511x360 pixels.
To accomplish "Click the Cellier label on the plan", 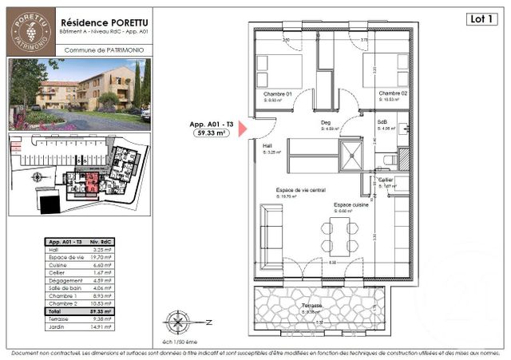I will (x=386, y=180).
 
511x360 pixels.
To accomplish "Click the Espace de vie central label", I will (x=300, y=190).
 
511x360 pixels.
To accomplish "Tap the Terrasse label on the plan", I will (x=312, y=306).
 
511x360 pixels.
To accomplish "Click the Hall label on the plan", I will (x=267, y=146).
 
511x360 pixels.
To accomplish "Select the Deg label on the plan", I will (x=326, y=123).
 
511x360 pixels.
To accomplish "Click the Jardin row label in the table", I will (x=58, y=326).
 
